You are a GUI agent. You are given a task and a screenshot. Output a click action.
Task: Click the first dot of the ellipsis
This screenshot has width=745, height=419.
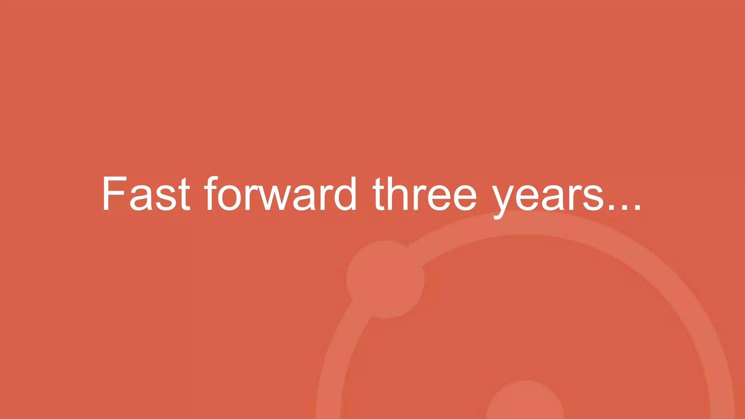tap(612, 207)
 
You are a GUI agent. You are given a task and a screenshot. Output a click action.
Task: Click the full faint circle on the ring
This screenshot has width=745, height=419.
tap(385, 279)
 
